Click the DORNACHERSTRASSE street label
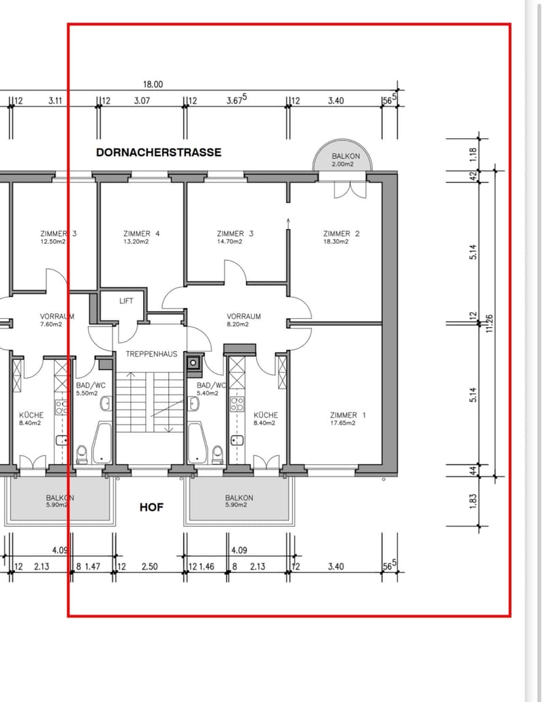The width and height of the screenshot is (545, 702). (x=159, y=152)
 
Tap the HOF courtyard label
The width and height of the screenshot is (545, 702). (x=152, y=507)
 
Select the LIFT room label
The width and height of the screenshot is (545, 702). (x=126, y=301)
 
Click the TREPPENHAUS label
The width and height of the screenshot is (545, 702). (x=151, y=354)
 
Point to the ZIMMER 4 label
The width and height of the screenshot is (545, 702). (x=142, y=233)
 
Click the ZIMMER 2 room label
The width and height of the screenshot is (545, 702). (x=341, y=233)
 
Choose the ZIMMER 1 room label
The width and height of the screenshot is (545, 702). (x=347, y=415)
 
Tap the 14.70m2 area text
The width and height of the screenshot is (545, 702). (x=230, y=242)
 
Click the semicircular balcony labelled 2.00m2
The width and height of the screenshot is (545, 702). (x=342, y=155)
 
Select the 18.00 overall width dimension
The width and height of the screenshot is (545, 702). (x=153, y=84)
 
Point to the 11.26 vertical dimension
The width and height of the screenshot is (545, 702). (x=489, y=323)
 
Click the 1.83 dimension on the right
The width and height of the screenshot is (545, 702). (x=473, y=502)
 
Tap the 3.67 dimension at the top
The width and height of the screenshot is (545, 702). (x=236, y=100)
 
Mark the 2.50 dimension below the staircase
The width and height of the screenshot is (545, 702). (x=149, y=566)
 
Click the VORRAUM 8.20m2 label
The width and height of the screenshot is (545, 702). (x=244, y=320)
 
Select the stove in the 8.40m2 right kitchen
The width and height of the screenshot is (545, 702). (x=236, y=403)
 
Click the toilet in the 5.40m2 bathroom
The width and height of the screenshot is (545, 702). (x=217, y=453)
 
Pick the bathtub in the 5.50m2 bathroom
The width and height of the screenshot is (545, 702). (x=102, y=443)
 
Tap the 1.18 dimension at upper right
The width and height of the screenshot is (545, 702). (x=473, y=155)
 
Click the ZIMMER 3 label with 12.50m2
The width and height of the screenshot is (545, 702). (x=58, y=237)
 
